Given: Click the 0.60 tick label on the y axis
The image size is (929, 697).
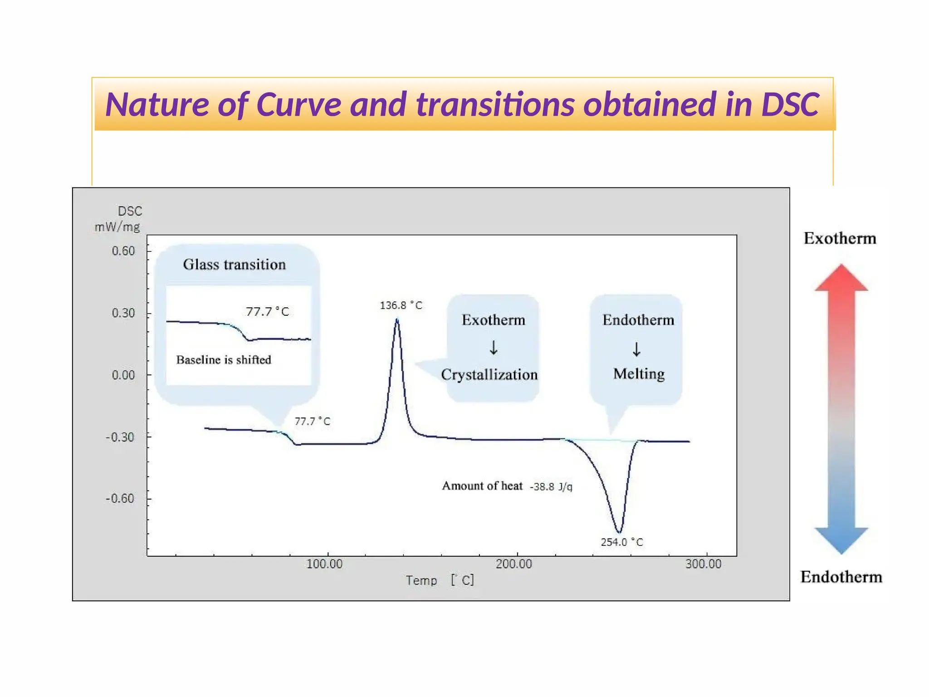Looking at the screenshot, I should point(123,251).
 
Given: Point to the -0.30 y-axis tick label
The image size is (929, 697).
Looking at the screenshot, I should point(120,437).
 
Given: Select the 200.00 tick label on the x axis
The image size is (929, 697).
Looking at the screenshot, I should point(514,564).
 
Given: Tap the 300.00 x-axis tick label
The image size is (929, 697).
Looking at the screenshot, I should point(703,564).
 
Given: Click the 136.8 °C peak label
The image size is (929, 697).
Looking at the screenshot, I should point(401,305).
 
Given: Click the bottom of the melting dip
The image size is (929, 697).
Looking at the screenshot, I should point(619,532).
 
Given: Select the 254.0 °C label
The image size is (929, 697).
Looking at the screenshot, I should point(622,542).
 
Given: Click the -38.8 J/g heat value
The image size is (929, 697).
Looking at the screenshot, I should point(551,487).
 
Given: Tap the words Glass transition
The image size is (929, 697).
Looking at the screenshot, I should point(234,265).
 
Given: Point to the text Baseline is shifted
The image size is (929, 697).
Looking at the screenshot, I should point(224,360).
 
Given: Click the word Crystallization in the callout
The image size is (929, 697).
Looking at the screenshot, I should point(489,374).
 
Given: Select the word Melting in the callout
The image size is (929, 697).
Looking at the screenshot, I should point(639,373).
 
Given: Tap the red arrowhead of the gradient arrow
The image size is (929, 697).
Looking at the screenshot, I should point(841,278).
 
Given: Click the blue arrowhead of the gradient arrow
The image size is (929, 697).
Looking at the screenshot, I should point(841,540).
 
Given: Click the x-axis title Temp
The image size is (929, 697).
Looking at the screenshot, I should point(421,580).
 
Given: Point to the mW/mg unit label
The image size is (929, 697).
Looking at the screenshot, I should point(117,227).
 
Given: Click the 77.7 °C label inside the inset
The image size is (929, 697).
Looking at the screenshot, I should point(267,312).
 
